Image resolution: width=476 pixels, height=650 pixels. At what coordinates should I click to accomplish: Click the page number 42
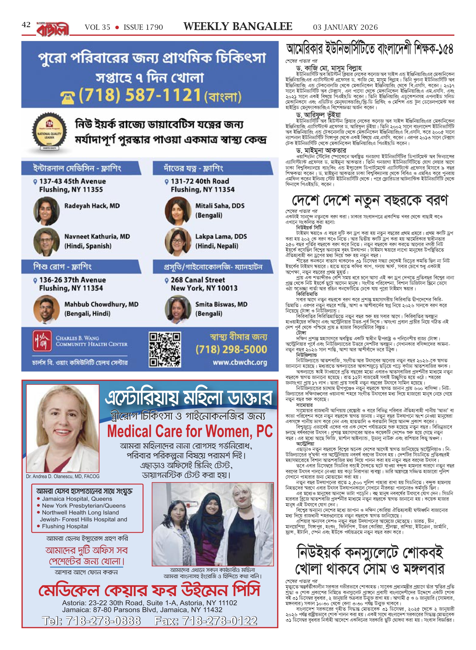click(26, 25)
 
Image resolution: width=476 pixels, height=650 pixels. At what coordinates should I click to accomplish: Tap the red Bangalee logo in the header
click(53, 29)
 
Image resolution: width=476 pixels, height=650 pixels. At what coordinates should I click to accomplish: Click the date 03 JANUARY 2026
click(345, 27)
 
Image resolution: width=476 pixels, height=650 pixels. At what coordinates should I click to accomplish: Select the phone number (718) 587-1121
click(140, 95)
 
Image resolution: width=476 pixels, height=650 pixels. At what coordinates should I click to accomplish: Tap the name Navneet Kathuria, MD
click(97, 236)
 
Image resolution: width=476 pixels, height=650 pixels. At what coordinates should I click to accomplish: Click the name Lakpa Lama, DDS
click(221, 236)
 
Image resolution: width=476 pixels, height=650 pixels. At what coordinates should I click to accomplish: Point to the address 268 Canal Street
click(198, 280)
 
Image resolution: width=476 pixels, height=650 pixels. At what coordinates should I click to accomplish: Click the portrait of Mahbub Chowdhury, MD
click(46, 309)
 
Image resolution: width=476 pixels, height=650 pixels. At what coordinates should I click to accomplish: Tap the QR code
click(165, 350)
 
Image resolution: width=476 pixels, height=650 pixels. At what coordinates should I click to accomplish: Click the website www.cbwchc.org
click(240, 362)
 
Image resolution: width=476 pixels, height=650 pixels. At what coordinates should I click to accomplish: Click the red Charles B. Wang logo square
click(42, 341)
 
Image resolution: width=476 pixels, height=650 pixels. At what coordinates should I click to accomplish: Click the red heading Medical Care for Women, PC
click(190, 431)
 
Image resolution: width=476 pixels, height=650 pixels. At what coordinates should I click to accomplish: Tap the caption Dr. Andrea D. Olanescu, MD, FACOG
click(63, 476)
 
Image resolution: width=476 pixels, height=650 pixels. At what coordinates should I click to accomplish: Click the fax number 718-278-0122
click(206, 620)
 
